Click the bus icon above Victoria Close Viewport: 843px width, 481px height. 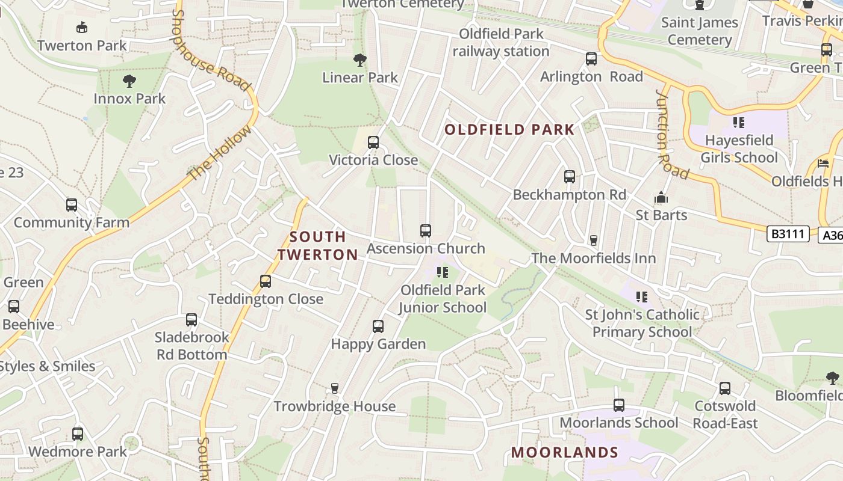(x=373, y=142)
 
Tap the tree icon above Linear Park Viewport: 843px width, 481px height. (x=360, y=60)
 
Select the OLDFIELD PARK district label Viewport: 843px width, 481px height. (x=509, y=129)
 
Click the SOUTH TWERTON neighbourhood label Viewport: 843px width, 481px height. (x=318, y=245)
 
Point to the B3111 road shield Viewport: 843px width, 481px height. (x=788, y=234)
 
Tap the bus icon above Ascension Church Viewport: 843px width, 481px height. (x=426, y=231)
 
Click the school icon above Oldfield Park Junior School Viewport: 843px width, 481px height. (x=443, y=272)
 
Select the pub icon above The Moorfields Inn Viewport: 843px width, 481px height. (x=594, y=240)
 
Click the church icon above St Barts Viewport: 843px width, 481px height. (x=661, y=197)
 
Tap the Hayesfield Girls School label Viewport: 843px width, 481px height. (x=739, y=149)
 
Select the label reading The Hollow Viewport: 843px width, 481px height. (x=220, y=153)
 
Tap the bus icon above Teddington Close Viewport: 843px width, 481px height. (x=266, y=281)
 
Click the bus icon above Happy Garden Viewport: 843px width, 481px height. (x=378, y=326)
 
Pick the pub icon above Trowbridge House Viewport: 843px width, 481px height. (x=335, y=388)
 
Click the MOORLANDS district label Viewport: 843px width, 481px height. (x=565, y=452)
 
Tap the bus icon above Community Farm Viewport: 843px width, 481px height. (x=72, y=205)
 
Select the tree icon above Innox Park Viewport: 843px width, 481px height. (x=129, y=81)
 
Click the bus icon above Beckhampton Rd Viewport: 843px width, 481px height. (x=570, y=177)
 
